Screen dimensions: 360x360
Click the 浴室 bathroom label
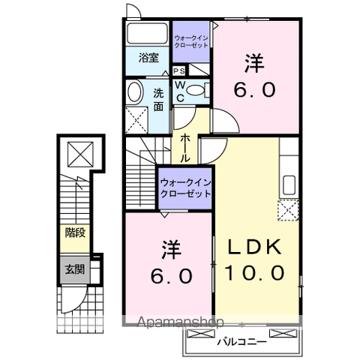click(x=148, y=57)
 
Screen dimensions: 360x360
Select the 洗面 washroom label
click(x=159, y=100)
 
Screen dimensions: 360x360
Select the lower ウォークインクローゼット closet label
click(x=184, y=187)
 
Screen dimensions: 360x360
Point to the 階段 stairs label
click(x=74, y=233)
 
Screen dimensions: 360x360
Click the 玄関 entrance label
click(x=74, y=268)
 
